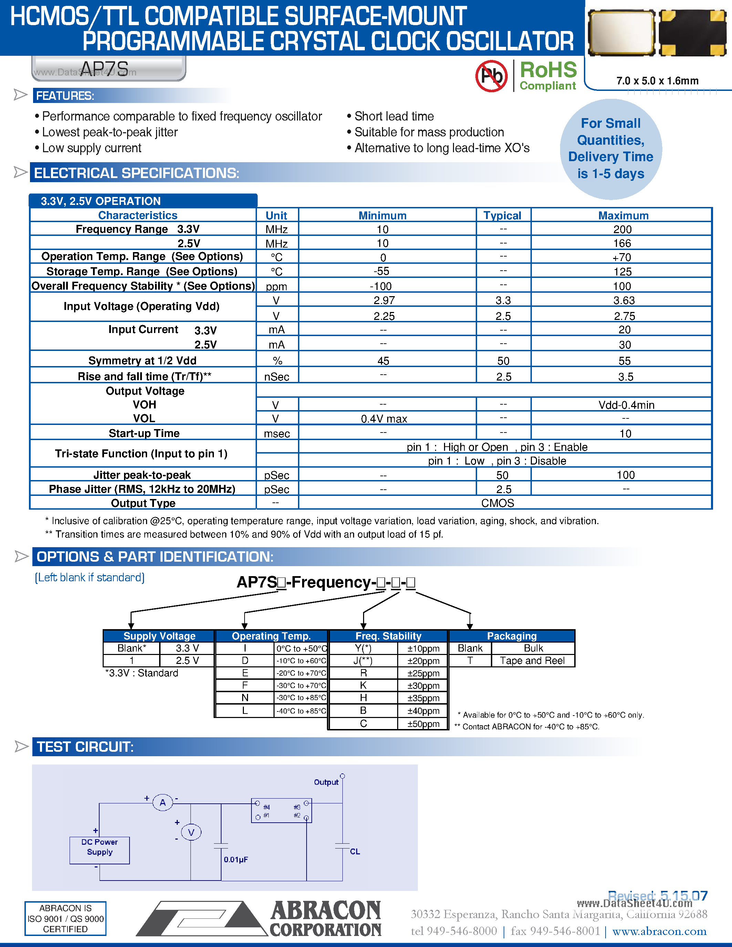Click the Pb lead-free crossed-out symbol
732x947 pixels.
491,76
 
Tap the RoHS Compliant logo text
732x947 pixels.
548,75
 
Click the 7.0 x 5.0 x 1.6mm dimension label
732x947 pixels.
657,81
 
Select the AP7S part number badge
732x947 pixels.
109,69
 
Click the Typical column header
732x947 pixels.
502,216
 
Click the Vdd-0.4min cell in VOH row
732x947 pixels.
626,405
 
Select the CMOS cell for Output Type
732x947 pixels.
497,503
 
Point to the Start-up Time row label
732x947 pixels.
144,433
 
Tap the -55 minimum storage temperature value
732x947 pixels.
382,271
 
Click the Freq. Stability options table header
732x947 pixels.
388,636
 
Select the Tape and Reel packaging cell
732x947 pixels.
532,660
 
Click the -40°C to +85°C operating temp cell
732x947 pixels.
301,711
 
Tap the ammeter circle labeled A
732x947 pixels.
163,803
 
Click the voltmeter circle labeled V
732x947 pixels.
191,833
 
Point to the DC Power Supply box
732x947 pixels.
100,850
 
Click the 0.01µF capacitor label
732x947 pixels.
236,860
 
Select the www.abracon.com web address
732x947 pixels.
659,931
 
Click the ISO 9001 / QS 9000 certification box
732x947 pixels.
65,918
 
